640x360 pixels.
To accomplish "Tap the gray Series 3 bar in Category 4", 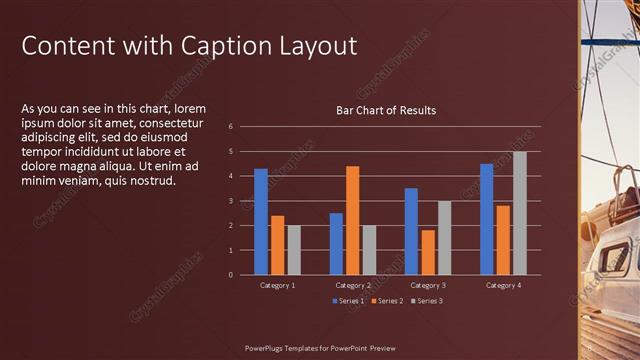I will pos(520,213).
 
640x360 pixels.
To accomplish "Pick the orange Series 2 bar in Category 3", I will pos(428,252).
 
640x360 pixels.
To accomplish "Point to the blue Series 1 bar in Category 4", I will pos(486,219).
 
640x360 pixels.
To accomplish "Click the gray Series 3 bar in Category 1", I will pos(294,250).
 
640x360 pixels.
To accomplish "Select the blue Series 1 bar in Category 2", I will pos(336,243).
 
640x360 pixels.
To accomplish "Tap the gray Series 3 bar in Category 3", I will pos(445,237).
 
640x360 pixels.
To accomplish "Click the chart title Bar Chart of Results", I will pos(385,110).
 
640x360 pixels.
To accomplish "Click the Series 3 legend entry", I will pos(426,301).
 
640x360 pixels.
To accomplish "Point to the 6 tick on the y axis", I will pos(230,127).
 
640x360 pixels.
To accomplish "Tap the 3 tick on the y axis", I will pos(230,201).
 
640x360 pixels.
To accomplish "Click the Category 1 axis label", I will pos(277,286).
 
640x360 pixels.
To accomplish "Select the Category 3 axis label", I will pos(427,286).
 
